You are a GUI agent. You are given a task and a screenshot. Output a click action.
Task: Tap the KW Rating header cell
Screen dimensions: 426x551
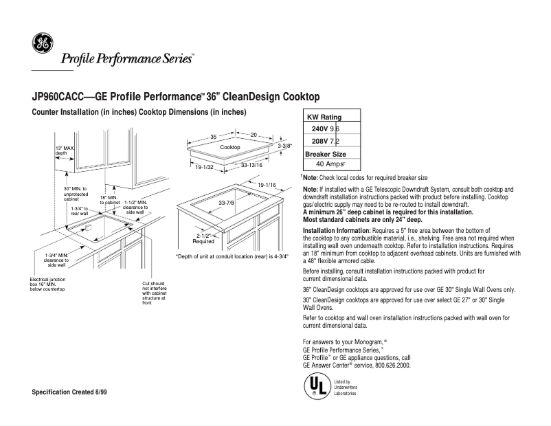click(x=324, y=117)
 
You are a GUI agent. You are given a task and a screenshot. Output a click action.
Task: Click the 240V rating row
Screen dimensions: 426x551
click(x=325, y=128)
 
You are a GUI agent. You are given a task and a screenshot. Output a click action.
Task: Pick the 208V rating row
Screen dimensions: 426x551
click(x=325, y=141)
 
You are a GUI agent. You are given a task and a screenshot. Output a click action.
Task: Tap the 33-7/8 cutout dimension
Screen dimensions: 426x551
click(x=226, y=203)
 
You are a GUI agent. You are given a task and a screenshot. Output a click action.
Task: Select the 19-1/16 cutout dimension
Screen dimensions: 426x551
click(x=267, y=186)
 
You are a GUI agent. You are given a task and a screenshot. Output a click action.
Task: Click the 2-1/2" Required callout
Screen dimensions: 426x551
click(x=203, y=238)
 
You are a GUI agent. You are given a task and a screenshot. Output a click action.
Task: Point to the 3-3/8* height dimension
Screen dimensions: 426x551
click(x=284, y=146)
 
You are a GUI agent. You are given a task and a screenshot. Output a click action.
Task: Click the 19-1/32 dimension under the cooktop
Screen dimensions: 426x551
click(x=205, y=167)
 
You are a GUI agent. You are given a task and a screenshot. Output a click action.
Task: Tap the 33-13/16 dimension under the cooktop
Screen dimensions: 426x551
click(x=251, y=166)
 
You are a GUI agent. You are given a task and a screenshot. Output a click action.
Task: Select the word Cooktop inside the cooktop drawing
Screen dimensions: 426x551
click(x=229, y=148)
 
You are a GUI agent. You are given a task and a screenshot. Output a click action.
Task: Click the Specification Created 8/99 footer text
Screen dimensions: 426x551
click(x=69, y=392)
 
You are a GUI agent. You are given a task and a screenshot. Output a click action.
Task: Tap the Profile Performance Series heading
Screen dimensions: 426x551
click(x=127, y=59)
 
